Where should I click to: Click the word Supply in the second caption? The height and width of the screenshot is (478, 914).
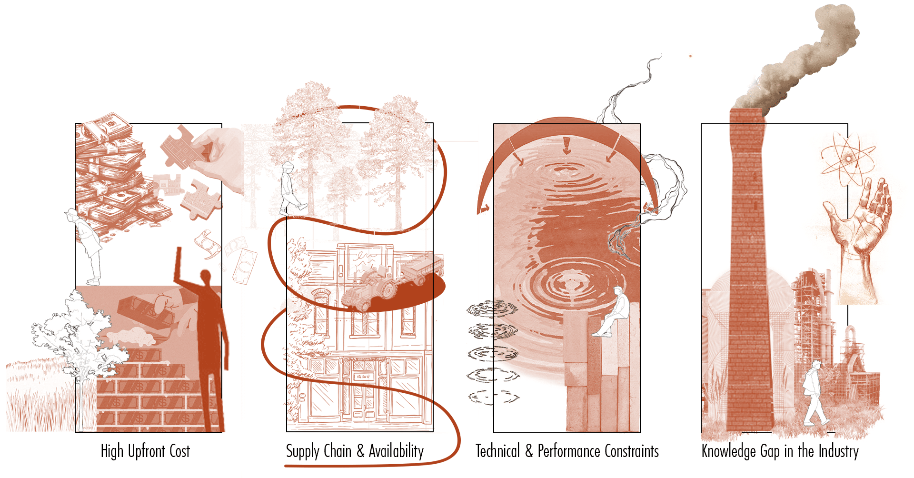coord(303,451)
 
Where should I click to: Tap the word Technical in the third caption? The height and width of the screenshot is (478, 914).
coord(497,451)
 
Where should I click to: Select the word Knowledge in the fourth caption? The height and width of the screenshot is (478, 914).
coord(728,451)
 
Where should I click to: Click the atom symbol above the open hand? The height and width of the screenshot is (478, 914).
coord(848,159)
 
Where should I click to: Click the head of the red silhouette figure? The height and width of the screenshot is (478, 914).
coord(206,278)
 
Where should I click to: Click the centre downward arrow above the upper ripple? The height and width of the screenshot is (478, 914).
coord(566,146)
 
